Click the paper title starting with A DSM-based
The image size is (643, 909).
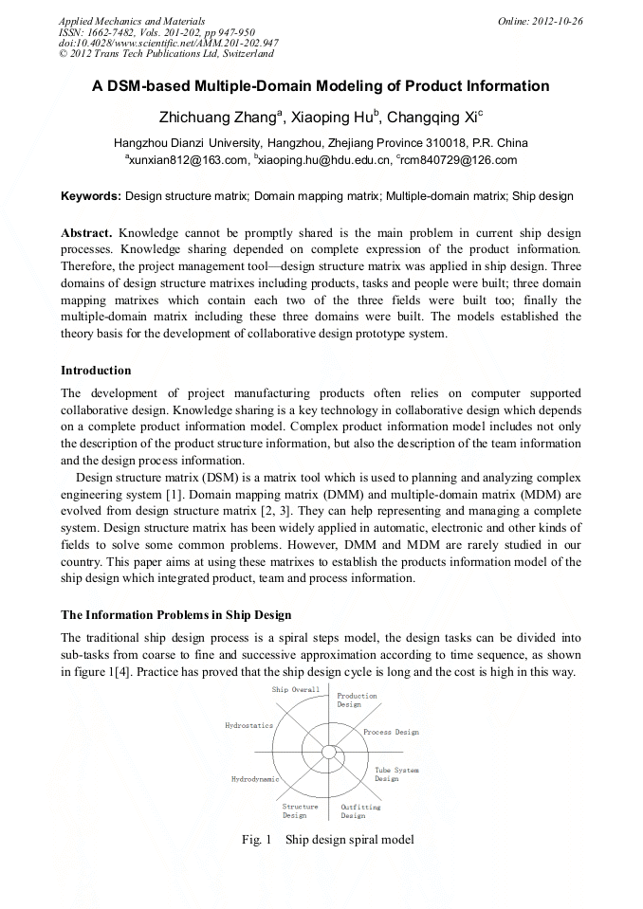(321, 86)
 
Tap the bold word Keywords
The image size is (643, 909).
(90, 196)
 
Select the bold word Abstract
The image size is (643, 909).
(86, 232)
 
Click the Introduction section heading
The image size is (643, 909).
(96, 370)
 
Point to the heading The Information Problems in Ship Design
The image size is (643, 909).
(175, 615)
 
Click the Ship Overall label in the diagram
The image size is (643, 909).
(296, 689)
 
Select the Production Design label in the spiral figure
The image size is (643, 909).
(358, 700)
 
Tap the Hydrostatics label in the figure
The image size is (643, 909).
(248, 725)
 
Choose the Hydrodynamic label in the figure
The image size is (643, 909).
(255, 778)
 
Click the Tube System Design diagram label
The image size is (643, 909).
(395, 774)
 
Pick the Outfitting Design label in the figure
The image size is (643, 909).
(360, 810)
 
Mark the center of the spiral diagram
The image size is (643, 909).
(329, 752)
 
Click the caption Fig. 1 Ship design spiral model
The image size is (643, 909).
(327, 839)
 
